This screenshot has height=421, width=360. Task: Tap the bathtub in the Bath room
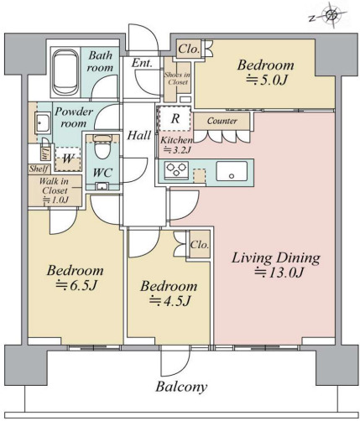(66, 72)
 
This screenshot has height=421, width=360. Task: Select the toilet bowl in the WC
(102, 147)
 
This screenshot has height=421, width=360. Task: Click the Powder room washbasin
(43, 122)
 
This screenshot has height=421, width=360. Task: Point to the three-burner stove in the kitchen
(176, 169)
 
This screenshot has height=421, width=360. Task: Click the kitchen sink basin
(232, 171)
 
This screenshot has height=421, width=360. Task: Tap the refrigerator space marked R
(175, 118)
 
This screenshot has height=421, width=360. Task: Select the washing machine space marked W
(68, 159)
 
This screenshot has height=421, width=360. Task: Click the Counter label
(222, 121)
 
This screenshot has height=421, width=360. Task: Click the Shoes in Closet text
(176, 78)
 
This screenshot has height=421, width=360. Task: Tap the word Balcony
(181, 387)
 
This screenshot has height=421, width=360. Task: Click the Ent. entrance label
(142, 63)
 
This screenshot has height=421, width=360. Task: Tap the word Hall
(139, 136)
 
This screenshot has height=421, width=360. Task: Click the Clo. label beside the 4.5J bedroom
(200, 245)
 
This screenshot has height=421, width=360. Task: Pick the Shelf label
(39, 169)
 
